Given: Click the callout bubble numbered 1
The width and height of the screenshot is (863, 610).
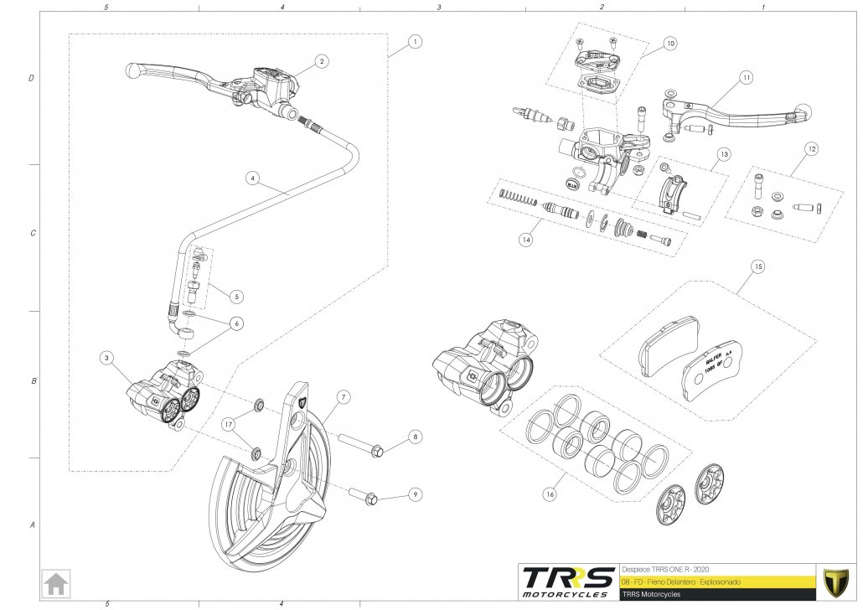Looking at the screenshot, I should pyautogui.click(x=416, y=41).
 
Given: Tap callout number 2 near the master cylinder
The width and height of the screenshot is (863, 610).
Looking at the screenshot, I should pyautogui.click(x=322, y=61).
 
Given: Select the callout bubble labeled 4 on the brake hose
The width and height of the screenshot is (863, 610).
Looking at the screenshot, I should pyautogui.click(x=251, y=178).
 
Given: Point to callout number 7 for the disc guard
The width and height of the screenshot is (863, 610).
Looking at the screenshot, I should pyautogui.click(x=344, y=395).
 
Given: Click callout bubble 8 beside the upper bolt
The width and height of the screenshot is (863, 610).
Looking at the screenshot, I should pyautogui.click(x=415, y=437).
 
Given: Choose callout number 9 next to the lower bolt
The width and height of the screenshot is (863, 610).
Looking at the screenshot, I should pyautogui.click(x=415, y=494).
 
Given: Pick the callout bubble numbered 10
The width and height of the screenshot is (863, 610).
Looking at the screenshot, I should pyautogui.click(x=669, y=42).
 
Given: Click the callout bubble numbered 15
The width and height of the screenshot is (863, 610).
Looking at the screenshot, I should pyautogui.click(x=757, y=267).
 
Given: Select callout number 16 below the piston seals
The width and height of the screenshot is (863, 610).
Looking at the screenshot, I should pyautogui.click(x=550, y=495).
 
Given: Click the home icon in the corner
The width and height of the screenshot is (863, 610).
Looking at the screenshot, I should pyautogui.click(x=57, y=582).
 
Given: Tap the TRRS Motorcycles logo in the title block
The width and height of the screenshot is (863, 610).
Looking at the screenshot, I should pyautogui.click(x=566, y=582).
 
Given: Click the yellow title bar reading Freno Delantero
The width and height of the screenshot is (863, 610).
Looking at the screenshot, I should pyautogui.click(x=716, y=581).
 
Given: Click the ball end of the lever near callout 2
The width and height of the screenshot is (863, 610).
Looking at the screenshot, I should pyautogui.click(x=132, y=70).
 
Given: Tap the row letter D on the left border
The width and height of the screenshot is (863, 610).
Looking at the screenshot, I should pyautogui.click(x=32, y=79).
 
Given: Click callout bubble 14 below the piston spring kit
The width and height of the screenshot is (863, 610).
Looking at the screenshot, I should pyautogui.click(x=525, y=240).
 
